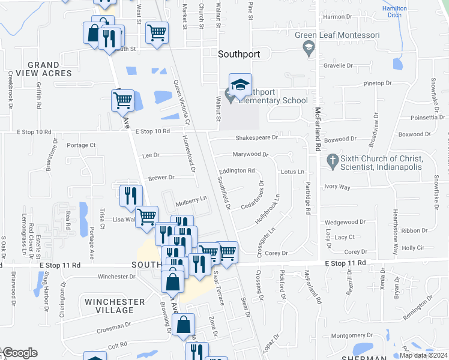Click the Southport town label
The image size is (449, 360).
(x=239, y=54)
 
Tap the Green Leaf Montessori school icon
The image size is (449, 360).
(x=309, y=47)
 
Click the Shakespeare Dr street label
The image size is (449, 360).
(x=256, y=137)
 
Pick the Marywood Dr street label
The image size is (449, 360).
(x=250, y=154)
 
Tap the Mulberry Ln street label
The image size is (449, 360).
(x=191, y=198)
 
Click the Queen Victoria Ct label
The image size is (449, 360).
(x=181, y=103)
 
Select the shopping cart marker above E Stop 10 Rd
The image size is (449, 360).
(x=122, y=101)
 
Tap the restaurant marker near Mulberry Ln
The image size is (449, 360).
(x=130, y=195)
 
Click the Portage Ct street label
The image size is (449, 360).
(x=81, y=145)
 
